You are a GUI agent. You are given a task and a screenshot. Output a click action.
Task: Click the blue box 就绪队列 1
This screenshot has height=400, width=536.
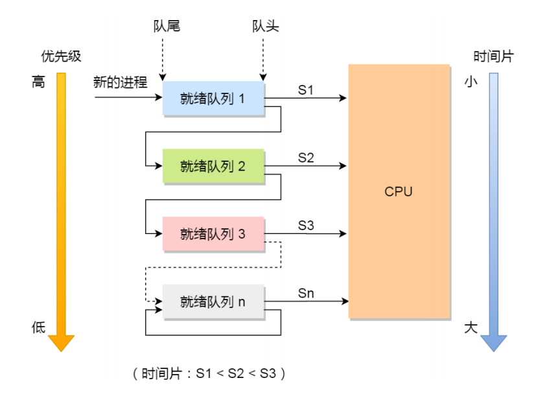213,98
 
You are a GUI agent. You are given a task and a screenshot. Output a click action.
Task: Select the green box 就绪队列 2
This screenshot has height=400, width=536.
213,165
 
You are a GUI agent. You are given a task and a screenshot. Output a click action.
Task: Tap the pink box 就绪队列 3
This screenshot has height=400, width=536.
213,233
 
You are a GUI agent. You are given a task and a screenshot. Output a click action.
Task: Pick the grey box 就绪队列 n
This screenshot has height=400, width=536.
213,301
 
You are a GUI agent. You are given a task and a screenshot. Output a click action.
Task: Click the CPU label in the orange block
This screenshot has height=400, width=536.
398,191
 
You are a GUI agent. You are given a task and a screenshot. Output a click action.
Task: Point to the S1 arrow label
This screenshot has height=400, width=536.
306,89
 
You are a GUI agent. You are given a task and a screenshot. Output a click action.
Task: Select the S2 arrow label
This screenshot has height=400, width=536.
306,157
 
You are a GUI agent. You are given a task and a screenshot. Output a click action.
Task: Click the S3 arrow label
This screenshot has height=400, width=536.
306,225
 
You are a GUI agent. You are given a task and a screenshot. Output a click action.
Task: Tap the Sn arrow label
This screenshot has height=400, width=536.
306,293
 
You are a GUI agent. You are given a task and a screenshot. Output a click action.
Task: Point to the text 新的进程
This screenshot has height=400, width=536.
121,82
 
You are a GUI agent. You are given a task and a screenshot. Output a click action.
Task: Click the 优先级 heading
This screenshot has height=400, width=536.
61,56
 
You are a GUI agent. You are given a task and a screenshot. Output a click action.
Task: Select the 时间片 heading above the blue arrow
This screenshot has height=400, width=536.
493,56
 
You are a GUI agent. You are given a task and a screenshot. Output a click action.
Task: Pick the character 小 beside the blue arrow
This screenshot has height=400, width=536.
471,82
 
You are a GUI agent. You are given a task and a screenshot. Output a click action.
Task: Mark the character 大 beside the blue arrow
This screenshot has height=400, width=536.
471,327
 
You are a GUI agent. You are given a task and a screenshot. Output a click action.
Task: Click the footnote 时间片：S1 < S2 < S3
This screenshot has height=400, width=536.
209,374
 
